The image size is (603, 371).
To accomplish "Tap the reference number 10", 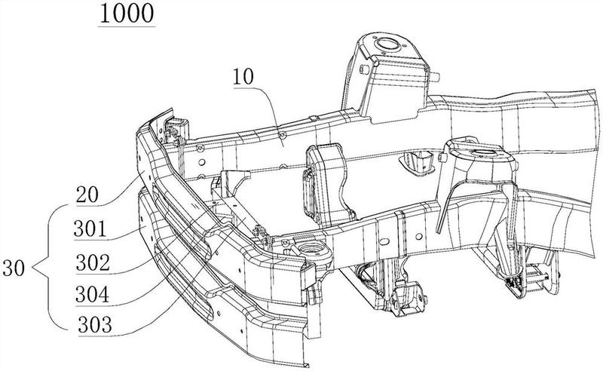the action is [x=243, y=77].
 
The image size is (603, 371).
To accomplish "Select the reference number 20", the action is [x=87, y=194].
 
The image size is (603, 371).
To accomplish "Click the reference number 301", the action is [x=90, y=228].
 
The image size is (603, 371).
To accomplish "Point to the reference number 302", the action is [x=93, y=262].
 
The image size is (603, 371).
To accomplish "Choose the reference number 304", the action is [x=92, y=294].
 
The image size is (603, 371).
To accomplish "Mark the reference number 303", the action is [x=95, y=325].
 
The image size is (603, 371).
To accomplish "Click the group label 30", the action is [x=14, y=268].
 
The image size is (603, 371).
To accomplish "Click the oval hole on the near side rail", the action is [x=384, y=242].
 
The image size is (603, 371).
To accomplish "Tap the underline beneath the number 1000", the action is [x=127, y=26].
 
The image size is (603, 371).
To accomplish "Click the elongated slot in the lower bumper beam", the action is [x=184, y=281].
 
